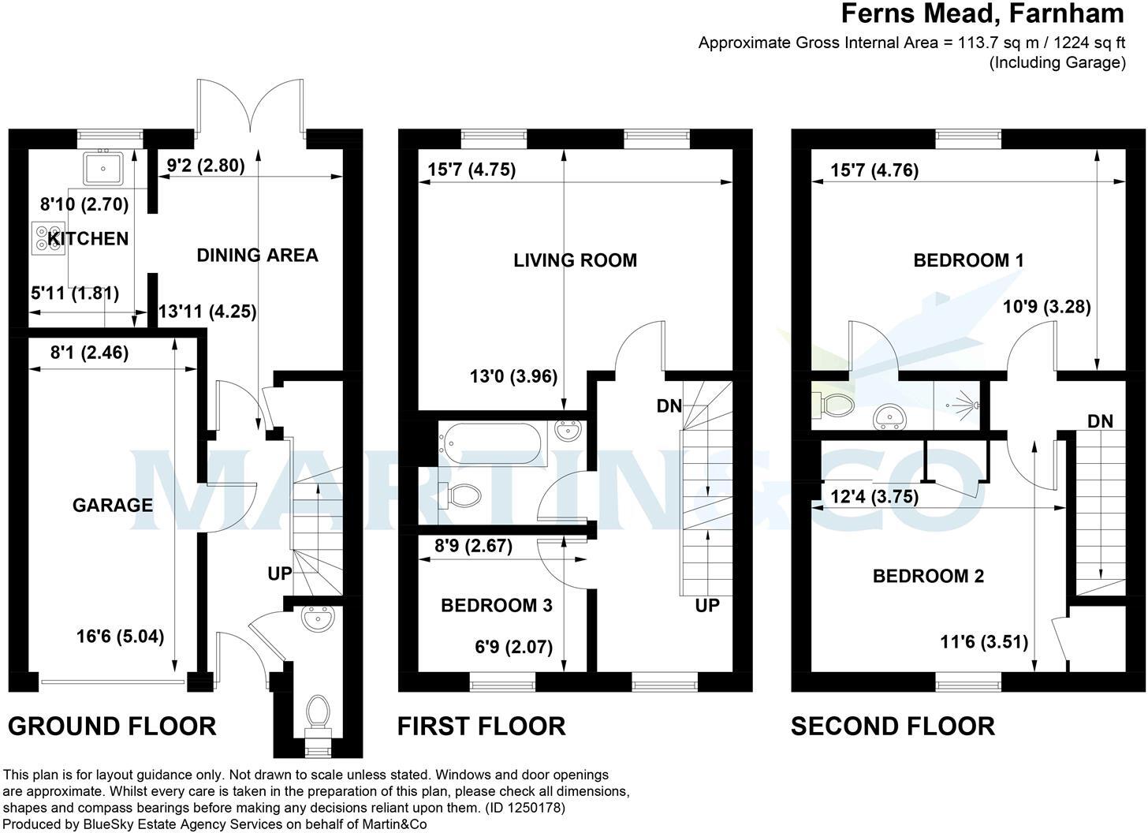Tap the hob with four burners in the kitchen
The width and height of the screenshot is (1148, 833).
[x=46, y=237]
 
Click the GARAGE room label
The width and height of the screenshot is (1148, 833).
[x=113, y=505]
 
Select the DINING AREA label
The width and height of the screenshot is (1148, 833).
[x=257, y=255]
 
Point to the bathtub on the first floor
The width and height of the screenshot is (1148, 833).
[x=490, y=443]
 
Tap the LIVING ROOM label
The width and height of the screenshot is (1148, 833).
[x=575, y=260]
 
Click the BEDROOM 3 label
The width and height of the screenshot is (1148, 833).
[x=496, y=605]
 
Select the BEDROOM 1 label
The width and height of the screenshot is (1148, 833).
[x=968, y=260]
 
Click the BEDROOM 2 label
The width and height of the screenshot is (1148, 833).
[x=928, y=576]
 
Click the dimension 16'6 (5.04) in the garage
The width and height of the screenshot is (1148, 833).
[x=120, y=636]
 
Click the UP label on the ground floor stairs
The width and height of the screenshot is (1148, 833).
[x=280, y=573]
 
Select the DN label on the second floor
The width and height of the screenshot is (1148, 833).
[x=1100, y=421]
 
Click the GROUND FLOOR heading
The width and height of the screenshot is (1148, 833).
[x=112, y=726]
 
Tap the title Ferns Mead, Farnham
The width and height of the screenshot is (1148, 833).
[x=982, y=13]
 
